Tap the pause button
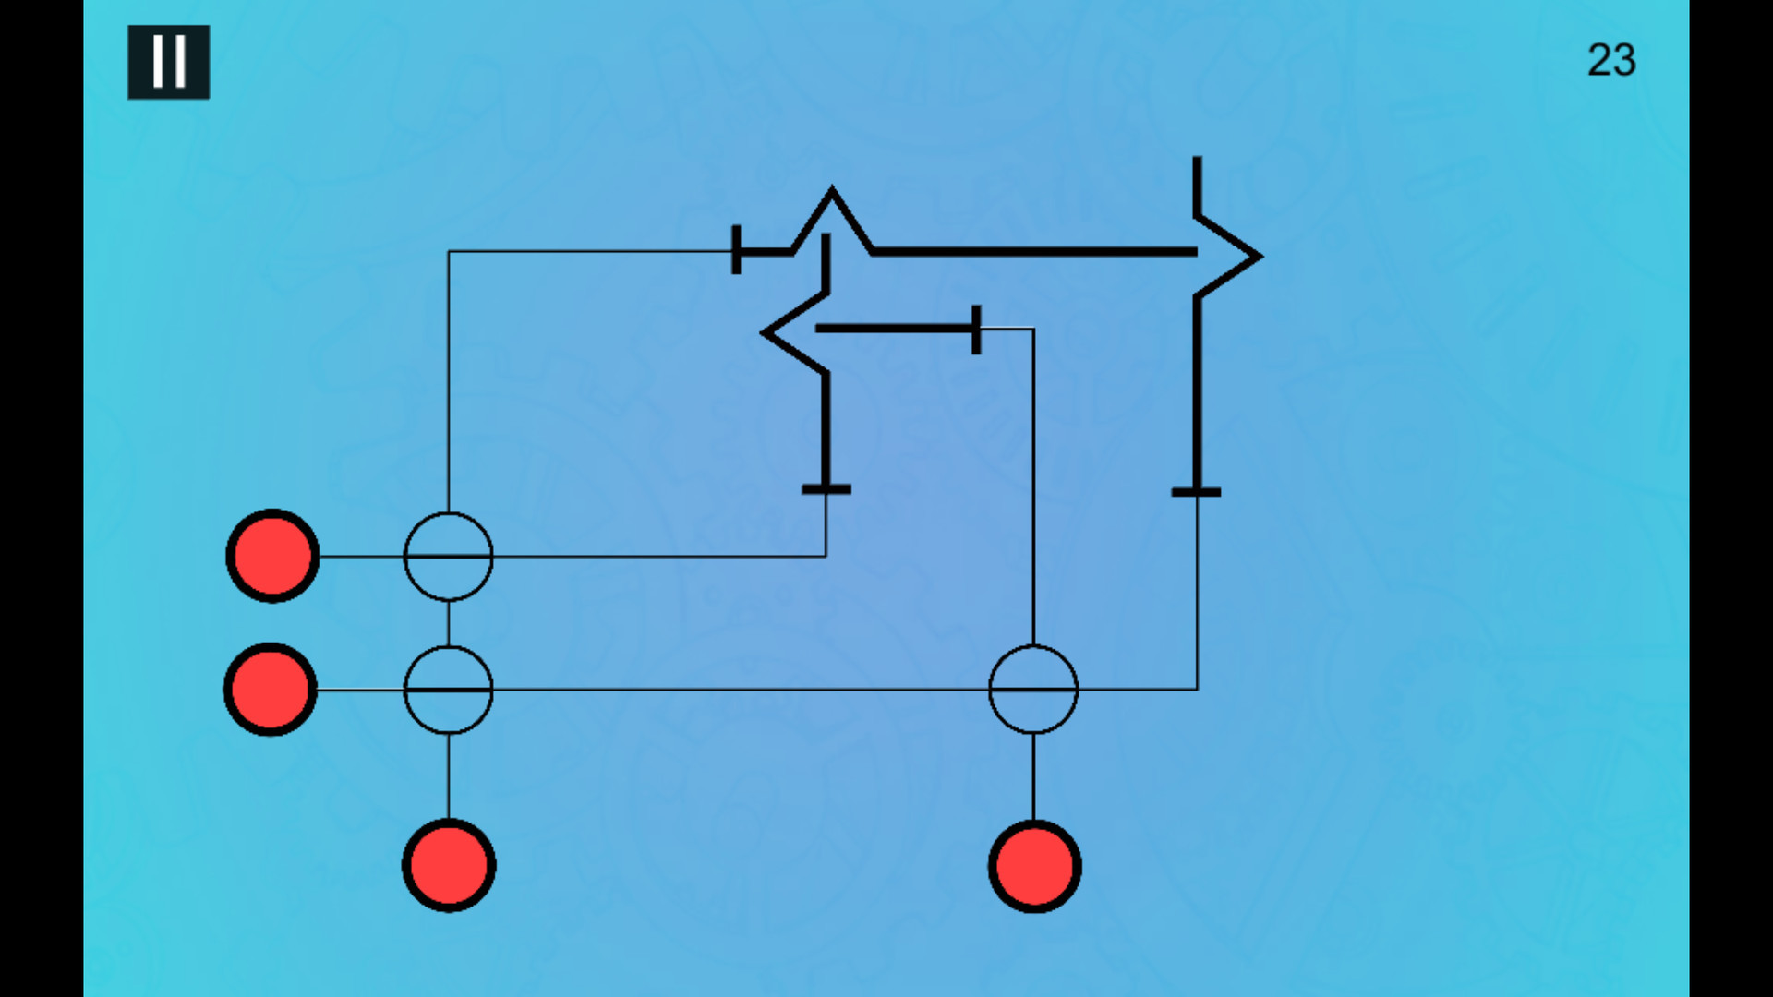click(168, 62)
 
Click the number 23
click(1611, 60)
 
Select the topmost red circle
click(272, 556)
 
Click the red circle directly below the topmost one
click(271, 690)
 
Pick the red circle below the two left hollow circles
click(449, 866)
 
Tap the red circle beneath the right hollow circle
click(1034, 867)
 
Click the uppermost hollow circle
click(449, 513)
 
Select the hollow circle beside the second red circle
click(449, 647)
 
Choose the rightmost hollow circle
click(1033, 646)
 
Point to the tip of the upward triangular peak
click(832, 188)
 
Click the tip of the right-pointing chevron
click(1260, 257)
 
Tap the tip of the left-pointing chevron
click(763, 332)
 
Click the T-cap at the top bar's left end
click(736, 250)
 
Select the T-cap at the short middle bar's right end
click(976, 329)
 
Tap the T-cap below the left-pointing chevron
click(826, 489)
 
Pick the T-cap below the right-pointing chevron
click(1197, 492)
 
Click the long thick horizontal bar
click(1034, 251)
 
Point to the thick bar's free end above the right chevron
click(1197, 158)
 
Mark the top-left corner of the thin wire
click(449, 251)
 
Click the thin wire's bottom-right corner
click(1197, 689)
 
